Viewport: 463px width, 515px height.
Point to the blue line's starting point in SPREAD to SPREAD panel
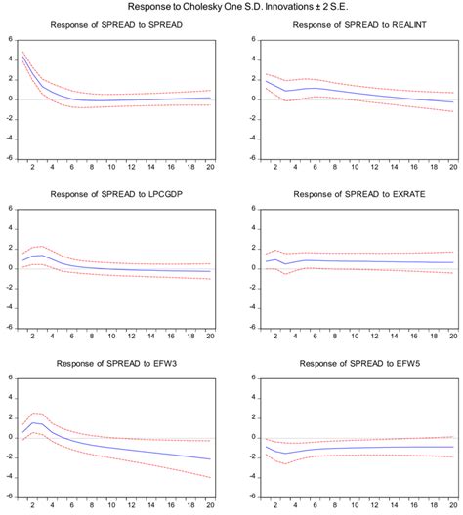(22, 58)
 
